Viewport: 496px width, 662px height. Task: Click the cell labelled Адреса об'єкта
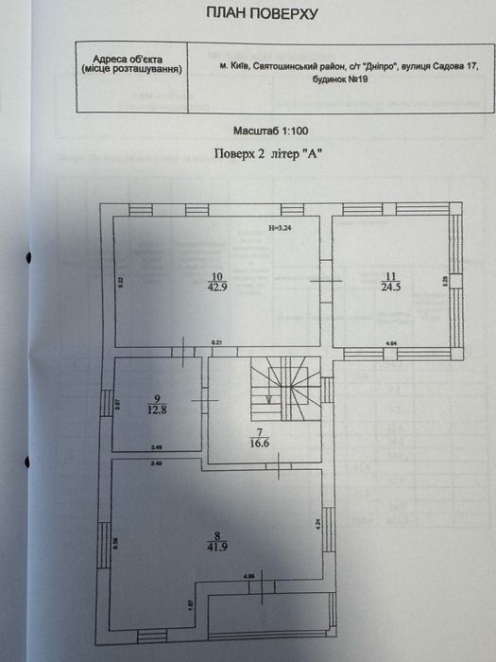[132, 63]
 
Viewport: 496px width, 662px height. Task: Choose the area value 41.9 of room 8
[215, 545]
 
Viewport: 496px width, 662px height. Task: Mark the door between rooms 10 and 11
[327, 283]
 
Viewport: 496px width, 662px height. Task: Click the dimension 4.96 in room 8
[248, 576]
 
